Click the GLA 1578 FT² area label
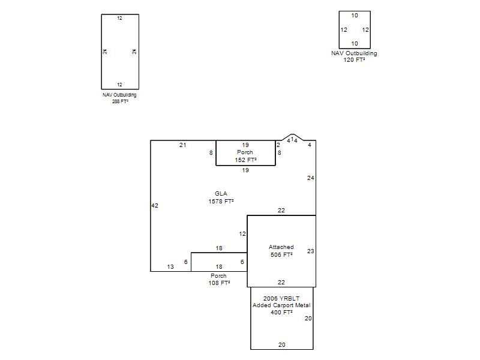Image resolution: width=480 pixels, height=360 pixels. pos(221,197)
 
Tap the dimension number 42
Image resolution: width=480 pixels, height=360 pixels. pos(155,206)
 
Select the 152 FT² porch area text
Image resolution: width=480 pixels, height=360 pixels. pos(245,160)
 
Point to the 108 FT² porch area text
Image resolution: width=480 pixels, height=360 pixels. pos(219,283)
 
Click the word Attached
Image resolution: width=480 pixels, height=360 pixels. pos(281,247)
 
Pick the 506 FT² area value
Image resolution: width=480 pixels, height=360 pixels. pos(281,254)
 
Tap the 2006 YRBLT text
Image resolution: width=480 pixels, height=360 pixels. pos(281,298)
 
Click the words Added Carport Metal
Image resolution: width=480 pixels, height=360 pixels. pos(281,305)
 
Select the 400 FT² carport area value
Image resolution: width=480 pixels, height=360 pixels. pos(281,312)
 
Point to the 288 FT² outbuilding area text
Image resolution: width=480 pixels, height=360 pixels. pos(120,101)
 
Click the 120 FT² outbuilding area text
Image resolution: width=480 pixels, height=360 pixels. pos(354,60)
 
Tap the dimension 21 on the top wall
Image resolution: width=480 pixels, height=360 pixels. pos(183,145)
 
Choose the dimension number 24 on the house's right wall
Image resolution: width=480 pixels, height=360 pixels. pos(310,178)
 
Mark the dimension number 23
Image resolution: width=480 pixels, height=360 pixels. pos(310,251)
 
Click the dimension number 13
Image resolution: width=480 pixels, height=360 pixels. pos(170,267)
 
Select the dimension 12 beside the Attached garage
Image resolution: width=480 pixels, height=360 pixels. pos(242,234)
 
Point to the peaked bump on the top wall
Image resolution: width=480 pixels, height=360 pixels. pos(293,134)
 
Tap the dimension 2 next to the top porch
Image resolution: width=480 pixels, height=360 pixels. pos(278,145)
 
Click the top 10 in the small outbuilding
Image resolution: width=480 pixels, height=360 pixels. pos(355,16)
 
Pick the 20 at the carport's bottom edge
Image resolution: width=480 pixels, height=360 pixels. pos(281,344)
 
